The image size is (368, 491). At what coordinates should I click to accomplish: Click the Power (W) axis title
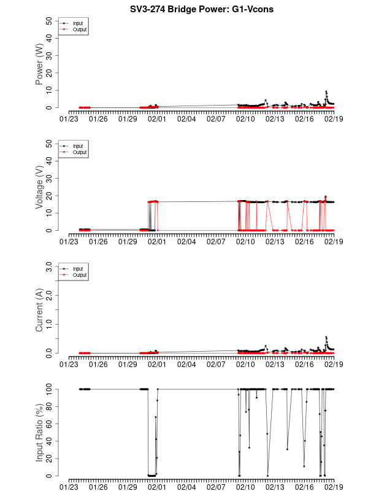[39, 64]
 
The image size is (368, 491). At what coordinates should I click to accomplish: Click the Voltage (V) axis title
[39, 187]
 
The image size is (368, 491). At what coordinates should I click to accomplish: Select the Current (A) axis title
[39, 309]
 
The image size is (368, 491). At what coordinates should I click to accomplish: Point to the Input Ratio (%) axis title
[39, 432]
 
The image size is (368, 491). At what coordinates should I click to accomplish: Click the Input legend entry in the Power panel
[77, 23]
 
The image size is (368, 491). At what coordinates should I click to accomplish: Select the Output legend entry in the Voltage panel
[79, 152]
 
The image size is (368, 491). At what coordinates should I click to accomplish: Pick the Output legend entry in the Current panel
[79, 275]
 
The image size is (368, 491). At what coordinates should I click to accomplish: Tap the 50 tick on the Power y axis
[48, 20]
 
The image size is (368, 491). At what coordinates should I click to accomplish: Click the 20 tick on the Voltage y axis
[48, 196]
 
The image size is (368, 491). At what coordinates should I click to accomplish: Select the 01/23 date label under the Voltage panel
[69, 242]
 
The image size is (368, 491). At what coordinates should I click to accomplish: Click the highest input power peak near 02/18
[326, 91]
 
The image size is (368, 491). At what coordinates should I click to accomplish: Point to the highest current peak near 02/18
[326, 337]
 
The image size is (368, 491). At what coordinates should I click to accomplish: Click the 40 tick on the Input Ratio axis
[48, 441]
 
